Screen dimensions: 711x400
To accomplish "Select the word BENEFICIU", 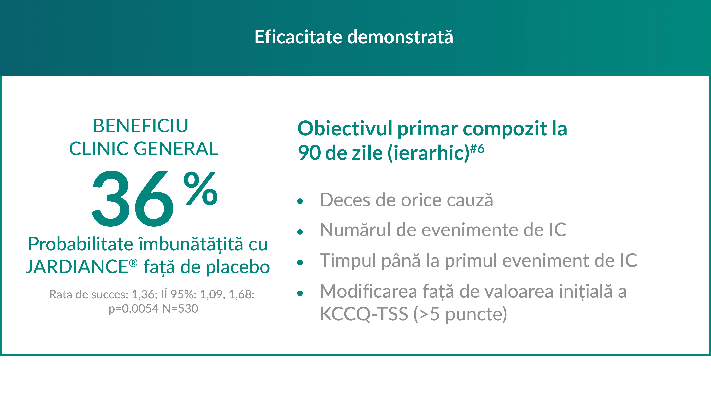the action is (x=141, y=126).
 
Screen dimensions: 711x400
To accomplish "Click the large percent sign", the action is (x=201, y=188).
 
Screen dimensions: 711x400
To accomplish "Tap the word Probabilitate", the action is (x=81, y=244).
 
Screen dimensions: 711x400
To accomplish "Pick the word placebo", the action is (x=238, y=267).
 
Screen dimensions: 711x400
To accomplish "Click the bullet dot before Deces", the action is (x=300, y=201).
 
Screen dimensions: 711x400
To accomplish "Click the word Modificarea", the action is (x=368, y=291).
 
